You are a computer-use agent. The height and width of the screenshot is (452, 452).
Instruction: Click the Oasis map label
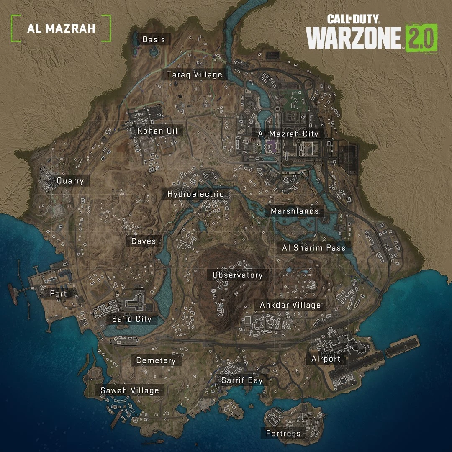click(154, 40)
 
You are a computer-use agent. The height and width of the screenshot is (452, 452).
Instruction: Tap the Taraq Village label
click(195, 75)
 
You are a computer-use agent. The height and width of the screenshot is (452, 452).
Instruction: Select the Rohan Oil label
click(157, 131)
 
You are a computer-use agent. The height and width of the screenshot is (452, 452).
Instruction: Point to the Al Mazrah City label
click(288, 134)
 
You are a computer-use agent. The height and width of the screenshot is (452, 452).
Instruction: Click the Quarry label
click(70, 181)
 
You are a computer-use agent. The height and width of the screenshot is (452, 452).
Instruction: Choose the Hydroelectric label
click(195, 194)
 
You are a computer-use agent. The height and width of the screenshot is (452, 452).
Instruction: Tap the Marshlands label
click(295, 211)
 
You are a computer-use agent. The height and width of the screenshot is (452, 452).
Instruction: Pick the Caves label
click(144, 241)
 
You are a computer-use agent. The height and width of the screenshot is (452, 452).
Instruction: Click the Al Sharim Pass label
click(314, 248)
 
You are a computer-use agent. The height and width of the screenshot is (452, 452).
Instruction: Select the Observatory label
click(238, 275)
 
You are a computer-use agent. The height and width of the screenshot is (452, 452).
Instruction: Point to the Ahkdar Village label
click(290, 305)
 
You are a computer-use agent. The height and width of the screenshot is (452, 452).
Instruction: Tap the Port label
click(58, 293)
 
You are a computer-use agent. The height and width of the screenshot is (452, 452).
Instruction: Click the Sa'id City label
click(131, 319)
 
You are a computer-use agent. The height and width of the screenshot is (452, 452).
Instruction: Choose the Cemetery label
click(156, 360)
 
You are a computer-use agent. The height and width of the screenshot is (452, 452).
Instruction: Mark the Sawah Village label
click(130, 390)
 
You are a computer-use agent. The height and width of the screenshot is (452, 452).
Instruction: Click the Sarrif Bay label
click(242, 380)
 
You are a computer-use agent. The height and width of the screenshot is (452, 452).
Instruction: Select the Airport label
click(326, 359)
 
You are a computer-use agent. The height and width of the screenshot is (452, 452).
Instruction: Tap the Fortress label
click(283, 434)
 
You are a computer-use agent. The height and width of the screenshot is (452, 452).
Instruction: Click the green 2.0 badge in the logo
click(421, 38)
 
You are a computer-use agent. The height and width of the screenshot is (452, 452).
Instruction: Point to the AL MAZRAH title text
click(61, 28)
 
